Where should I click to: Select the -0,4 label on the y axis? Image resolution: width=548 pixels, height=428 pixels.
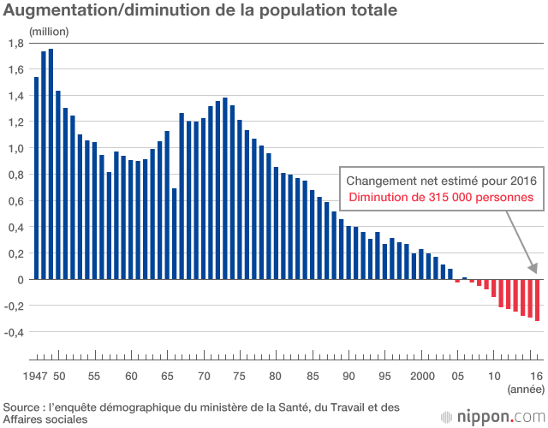pyautogui.click(x=15, y=332)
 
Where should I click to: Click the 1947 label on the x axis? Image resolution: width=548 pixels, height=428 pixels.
pyautogui.click(x=36, y=377)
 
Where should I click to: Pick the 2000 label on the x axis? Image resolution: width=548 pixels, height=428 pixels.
pyautogui.click(x=422, y=377)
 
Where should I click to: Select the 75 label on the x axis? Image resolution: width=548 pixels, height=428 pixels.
pyautogui.click(x=241, y=377)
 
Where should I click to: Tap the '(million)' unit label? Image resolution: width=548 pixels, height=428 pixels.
pyautogui.click(x=49, y=31)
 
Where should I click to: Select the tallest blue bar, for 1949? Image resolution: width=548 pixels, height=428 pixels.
pyautogui.click(x=51, y=163)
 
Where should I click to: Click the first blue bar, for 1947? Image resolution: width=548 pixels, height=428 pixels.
pyautogui.click(x=36, y=178)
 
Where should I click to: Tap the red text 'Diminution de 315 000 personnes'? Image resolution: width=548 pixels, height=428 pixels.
pyautogui.click(x=441, y=197)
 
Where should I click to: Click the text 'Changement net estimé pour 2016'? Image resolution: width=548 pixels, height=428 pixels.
pyautogui.click(x=441, y=181)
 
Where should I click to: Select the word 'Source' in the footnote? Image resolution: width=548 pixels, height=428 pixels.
pyautogui.click(x=23, y=407)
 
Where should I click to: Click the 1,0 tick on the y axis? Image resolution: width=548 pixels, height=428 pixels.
pyautogui.click(x=16, y=148)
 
